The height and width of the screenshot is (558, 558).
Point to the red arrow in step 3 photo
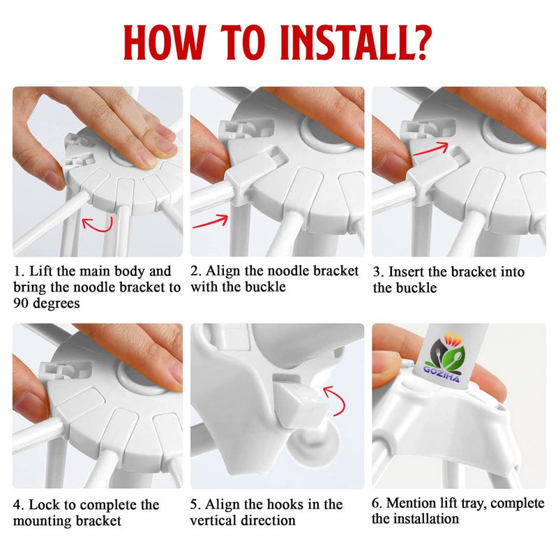coord(430,149)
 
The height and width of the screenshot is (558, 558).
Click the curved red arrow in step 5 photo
coord(336,400)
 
